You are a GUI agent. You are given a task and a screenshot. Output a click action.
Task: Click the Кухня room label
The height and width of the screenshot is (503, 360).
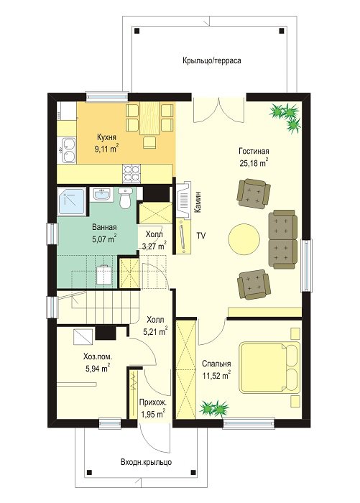(106, 138)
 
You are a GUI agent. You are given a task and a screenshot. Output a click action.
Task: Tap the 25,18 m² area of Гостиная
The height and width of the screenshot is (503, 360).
(254, 162)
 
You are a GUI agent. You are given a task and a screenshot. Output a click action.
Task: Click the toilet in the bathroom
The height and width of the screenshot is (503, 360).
(124, 198)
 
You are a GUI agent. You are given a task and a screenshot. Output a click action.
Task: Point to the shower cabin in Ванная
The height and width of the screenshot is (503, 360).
(72, 201)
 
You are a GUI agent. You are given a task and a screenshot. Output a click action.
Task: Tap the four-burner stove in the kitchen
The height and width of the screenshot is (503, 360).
(131, 174)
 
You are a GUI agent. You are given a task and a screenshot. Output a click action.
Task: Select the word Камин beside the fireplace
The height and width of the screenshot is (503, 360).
(198, 202)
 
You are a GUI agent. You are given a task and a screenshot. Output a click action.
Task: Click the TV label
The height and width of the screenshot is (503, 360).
(201, 236)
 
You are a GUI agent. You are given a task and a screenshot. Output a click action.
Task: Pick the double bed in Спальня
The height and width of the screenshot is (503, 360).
(270, 367)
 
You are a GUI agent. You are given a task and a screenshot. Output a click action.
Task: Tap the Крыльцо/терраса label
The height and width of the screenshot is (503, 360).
(212, 60)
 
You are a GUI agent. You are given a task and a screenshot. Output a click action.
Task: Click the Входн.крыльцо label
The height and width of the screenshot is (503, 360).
(146, 462)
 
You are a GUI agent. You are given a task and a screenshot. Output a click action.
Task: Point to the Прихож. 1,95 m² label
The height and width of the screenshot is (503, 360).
(153, 408)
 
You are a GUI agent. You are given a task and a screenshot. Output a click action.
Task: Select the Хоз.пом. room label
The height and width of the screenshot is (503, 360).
(98, 356)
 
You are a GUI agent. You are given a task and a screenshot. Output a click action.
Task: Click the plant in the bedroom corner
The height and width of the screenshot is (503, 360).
(214, 408)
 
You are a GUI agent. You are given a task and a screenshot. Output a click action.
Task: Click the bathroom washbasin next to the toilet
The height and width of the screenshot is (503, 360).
(102, 195)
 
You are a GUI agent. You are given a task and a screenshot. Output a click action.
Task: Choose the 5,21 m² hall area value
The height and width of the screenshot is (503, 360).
(155, 331)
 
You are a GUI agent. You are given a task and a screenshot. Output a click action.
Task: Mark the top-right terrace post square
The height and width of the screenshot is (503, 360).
(282, 31)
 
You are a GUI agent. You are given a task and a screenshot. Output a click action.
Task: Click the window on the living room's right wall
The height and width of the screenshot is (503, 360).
(306, 266)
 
